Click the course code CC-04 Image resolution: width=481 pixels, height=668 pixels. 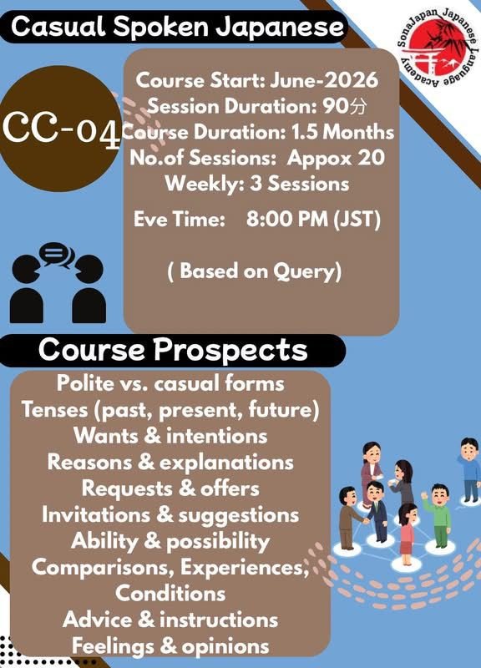point(62,128)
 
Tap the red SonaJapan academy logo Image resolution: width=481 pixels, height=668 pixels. point(438,48)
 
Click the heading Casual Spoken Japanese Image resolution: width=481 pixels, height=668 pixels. point(177,27)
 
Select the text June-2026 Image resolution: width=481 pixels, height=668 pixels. point(324,80)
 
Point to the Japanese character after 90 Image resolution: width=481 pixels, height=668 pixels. point(357,107)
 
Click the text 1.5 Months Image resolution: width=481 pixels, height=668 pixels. point(342,132)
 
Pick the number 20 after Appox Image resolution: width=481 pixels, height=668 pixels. point(371,158)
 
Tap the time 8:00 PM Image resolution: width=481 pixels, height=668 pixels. point(287,220)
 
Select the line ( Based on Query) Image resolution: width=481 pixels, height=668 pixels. point(255,271)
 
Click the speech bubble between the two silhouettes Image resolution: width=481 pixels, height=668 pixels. point(56,255)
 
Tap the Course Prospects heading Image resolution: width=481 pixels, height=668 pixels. point(173,350)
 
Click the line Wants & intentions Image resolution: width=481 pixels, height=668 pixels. point(170,436)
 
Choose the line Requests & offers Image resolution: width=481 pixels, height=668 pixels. point(170,488)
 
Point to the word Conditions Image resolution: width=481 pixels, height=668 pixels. point(170,593)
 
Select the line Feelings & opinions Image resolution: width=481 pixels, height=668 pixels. point(170,645)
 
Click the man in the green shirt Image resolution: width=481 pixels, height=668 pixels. point(438,515)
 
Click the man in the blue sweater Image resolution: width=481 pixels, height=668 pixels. point(470,468)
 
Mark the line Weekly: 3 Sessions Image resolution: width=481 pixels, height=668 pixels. point(257,184)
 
